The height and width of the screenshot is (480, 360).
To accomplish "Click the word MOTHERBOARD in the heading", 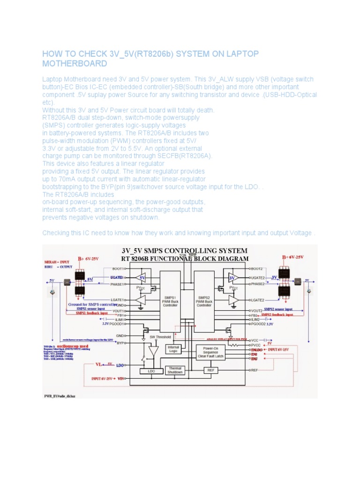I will tap(75, 63).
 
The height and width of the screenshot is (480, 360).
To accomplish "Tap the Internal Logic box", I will tap(173, 350).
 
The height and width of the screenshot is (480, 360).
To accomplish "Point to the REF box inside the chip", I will tap(210, 370).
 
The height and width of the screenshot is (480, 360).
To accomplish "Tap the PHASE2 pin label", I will tap(257, 284).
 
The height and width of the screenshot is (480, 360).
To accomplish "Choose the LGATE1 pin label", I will tap(117, 300).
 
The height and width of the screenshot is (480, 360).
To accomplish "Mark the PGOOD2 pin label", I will tap(258, 323).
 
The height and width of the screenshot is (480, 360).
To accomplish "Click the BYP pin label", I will tap(120, 343).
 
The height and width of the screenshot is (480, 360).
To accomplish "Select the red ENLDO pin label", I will tap(257, 350).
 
